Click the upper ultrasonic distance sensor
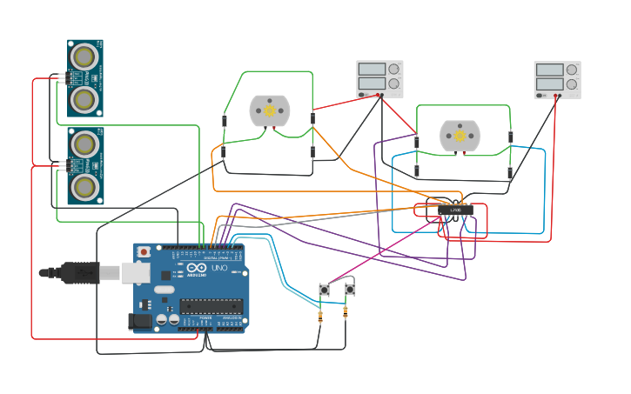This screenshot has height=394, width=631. pos(85,77)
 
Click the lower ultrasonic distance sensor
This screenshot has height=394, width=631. pos(85,166)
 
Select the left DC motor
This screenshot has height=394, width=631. pos(269,111)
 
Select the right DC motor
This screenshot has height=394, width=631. pos(460,137)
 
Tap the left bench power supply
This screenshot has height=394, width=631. pos(379,78)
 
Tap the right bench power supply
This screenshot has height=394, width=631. pos(557,79)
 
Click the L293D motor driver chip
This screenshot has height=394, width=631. pos(455,210)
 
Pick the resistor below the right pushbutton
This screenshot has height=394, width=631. pos(346,312)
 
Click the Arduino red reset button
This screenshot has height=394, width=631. pos(144,252)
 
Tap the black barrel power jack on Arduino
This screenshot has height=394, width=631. pos(139,321)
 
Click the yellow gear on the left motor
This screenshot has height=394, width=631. pos(269,111)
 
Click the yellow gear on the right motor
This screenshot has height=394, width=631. pos(460,136)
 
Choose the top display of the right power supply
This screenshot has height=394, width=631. pos(549,70)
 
